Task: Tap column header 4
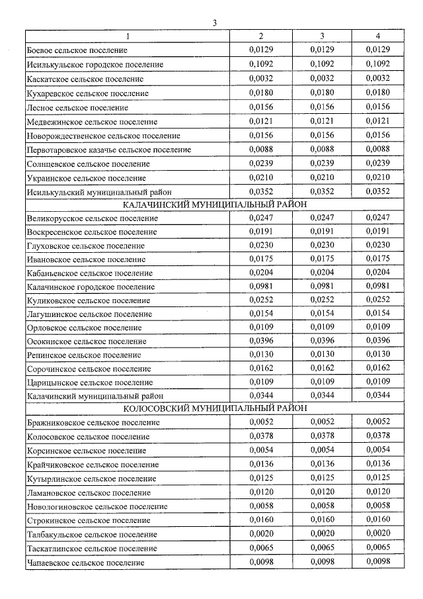point(377,36)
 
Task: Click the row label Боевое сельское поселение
point(77,50)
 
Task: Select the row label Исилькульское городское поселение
point(95,65)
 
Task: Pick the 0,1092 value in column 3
point(321,64)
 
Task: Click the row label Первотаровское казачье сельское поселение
point(109,150)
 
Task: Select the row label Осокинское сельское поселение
point(87,342)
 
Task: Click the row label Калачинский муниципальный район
point(91,396)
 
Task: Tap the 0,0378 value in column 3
point(321,436)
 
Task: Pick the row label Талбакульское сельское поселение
point(92,535)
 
